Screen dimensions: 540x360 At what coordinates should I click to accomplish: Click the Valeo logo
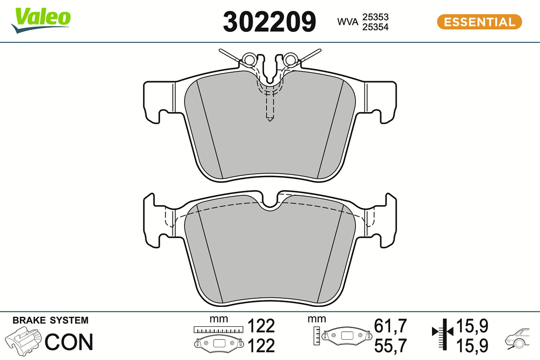(x=41, y=20)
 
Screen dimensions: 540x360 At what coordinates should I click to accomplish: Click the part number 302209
(x=269, y=22)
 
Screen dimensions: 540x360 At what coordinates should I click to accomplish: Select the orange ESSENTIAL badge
(x=479, y=22)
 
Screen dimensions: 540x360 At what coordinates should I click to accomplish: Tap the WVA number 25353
(x=375, y=17)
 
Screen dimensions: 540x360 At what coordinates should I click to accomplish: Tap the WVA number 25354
(x=375, y=27)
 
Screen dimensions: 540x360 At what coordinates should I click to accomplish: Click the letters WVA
(x=347, y=22)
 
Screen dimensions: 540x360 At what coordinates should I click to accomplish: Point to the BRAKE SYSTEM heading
(x=50, y=320)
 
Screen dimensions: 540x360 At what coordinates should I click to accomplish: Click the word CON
(x=69, y=342)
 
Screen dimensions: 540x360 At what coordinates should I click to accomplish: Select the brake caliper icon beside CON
(x=23, y=341)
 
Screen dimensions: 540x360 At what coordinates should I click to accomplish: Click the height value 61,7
(x=390, y=326)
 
